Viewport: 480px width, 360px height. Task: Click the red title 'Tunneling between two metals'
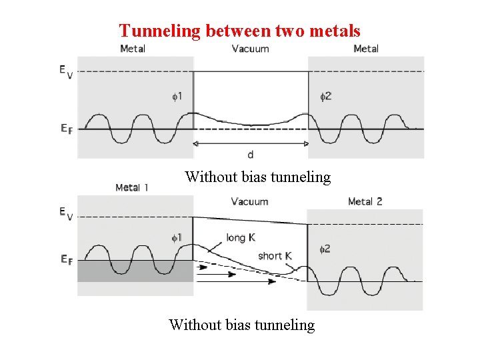239,31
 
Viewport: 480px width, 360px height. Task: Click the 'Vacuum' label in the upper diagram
250,49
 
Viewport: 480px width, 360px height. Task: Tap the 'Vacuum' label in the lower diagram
249,201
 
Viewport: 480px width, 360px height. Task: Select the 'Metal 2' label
365,201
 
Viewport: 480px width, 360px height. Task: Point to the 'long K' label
241,237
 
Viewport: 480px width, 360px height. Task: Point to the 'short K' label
275,256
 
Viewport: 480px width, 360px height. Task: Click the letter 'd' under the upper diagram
250,155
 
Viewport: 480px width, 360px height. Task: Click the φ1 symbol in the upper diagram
177,97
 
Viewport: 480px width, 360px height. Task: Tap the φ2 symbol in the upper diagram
325,97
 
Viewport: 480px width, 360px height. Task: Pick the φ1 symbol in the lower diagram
177,237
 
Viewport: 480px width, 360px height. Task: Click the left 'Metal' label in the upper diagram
133,49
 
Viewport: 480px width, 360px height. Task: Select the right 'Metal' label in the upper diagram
366,49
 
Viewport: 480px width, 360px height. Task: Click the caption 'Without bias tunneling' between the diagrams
257,177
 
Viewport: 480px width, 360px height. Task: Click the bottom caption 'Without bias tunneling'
241,325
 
